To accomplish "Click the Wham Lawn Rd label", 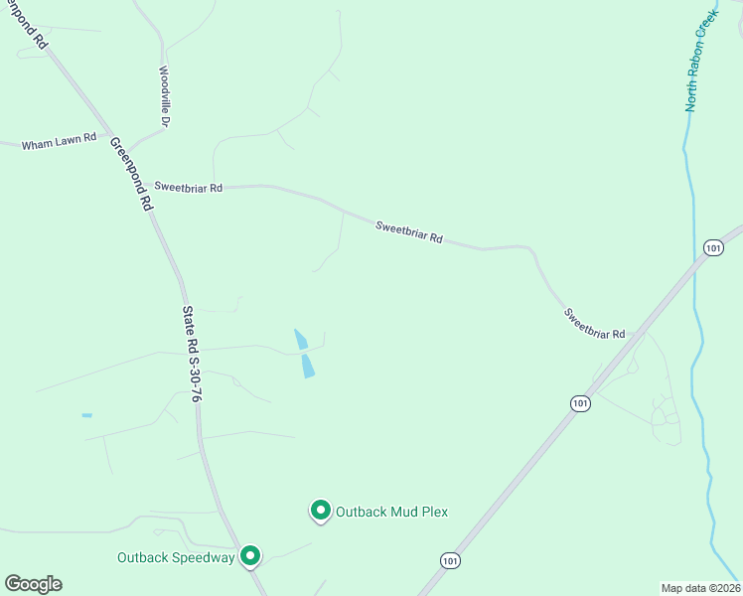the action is click(59, 144).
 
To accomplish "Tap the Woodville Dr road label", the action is click(165, 97).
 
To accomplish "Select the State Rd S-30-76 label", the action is click(193, 353).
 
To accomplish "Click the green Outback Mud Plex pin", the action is click(321, 511).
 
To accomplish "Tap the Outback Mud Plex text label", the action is click(391, 512).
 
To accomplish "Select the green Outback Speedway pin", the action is click(250, 555).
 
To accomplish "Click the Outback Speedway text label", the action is click(175, 557).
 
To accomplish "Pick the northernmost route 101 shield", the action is click(712, 247).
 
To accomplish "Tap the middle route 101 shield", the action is click(580, 402).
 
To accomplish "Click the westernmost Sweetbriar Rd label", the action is click(189, 187).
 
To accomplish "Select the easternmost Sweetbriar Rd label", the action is click(594, 323).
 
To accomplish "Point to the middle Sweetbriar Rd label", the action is click(408, 232).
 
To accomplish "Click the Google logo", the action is click(33, 584).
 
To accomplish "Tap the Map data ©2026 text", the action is click(700, 588).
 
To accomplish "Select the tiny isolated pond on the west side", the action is click(86, 415).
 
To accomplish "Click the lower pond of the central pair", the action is click(308, 366).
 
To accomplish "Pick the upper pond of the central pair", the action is click(300, 339).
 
